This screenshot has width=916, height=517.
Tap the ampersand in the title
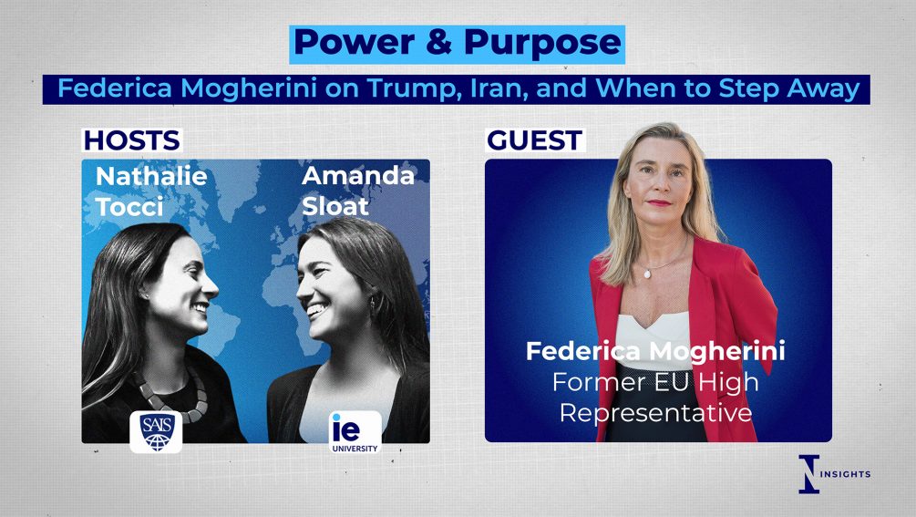pyautogui.click(x=440, y=43)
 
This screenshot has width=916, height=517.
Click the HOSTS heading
pyautogui.click(x=131, y=140)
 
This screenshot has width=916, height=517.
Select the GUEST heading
pyautogui.click(x=534, y=140)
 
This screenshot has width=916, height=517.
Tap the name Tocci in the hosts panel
pyautogui.click(x=129, y=207)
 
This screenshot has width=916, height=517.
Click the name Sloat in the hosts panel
pyautogui.click(x=334, y=206)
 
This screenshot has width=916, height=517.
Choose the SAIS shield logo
pyautogui.click(x=156, y=431)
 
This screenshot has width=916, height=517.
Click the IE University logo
pyautogui.click(x=355, y=432)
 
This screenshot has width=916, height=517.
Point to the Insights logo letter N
pyautogui.click(x=809, y=474)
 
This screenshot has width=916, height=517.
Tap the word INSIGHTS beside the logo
pyautogui.click(x=845, y=474)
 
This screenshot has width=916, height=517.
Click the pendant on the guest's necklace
pyautogui.click(x=647, y=273)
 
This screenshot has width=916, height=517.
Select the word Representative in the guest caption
pyautogui.click(x=655, y=414)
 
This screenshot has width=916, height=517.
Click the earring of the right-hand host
pyautogui.click(x=372, y=305)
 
